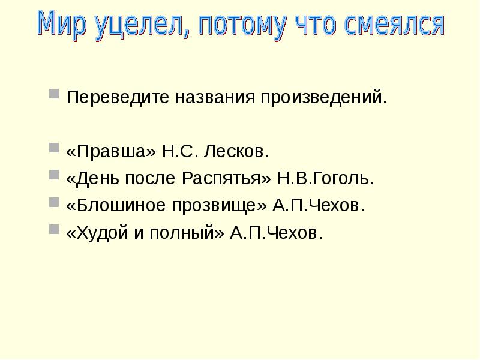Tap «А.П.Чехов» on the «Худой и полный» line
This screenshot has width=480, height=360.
276,233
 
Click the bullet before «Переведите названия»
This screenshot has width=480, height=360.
54,94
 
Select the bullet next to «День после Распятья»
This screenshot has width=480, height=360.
54,176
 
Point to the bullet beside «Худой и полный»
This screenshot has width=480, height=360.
54,230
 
